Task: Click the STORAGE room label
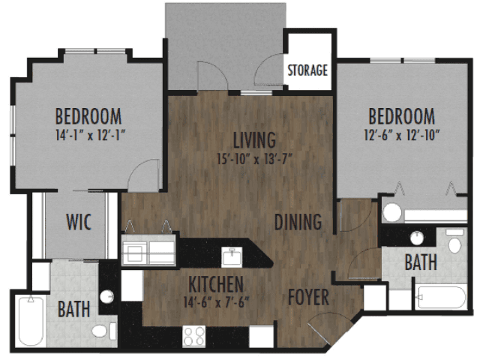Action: [307, 70]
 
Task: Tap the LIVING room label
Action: [254, 140]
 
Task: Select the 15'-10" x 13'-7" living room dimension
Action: [255, 159]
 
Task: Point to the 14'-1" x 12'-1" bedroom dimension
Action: [91, 135]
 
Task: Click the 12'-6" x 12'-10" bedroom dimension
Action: [402, 135]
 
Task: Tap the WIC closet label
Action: [79, 222]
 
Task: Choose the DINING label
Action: [298, 222]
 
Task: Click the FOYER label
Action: [308, 297]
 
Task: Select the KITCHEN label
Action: [216, 284]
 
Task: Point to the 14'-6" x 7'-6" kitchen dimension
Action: [216, 302]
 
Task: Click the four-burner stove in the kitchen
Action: [194, 336]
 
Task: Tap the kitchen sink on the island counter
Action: [232, 256]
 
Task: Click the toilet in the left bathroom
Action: [104, 331]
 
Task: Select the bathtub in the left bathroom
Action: [31, 320]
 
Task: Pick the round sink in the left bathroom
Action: [106, 297]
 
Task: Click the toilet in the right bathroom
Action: [455, 241]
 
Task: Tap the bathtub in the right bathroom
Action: [442, 297]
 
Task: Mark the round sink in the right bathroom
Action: [417, 238]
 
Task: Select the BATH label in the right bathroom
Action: [421, 262]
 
